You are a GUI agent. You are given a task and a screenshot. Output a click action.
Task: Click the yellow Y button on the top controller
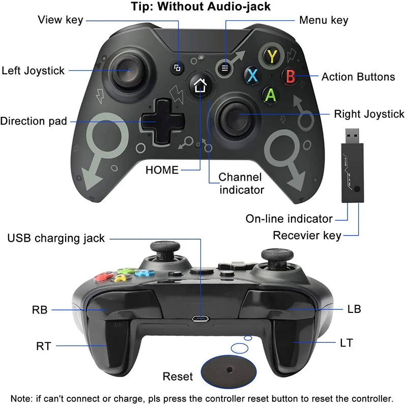pyautogui.click(x=273, y=55)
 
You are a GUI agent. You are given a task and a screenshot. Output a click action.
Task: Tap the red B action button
pyautogui.click(x=291, y=77)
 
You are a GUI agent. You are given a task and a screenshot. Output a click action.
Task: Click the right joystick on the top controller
pyautogui.click(x=236, y=117)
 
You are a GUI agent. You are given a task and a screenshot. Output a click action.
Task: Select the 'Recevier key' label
pyautogui.click(x=307, y=236)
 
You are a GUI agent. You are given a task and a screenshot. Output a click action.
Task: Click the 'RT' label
pyautogui.click(x=43, y=346)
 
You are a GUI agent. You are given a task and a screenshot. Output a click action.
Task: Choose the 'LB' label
pyautogui.click(x=354, y=309)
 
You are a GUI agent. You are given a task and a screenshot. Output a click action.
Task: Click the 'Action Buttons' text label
pyautogui.click(x=358, y=77)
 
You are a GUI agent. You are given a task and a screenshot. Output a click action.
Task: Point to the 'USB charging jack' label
pyautogui.click(x=56, y=238)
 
